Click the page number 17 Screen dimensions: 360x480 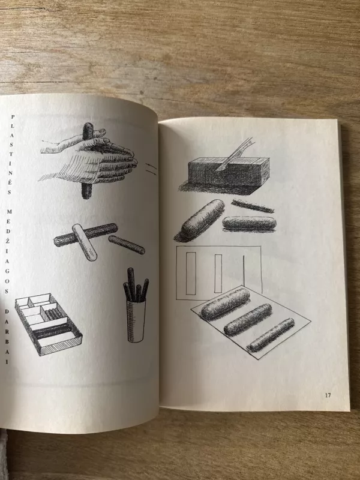coord(328,395)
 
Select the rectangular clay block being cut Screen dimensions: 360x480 coord(228,173)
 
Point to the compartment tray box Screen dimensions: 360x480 coord(49,325)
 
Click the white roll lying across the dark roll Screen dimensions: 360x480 coord(84,242)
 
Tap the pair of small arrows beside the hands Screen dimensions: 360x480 coord(151,169)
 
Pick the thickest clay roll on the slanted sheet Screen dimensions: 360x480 coord(226,304)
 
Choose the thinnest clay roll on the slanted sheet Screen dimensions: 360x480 coord(271,335)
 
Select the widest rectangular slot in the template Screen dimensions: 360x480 coord(191,274)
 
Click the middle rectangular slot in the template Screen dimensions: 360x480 coord(218,274)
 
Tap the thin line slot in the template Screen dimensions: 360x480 coord(244,271)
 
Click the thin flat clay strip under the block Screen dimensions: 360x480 coord(253,206)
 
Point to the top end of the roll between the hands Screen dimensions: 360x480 coord(88,124)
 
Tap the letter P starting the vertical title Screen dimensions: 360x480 coord(13,116)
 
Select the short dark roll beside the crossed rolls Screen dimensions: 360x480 coord(127,245)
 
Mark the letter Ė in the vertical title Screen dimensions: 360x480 coord(10,182)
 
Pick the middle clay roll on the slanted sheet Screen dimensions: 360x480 coord(248,320)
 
